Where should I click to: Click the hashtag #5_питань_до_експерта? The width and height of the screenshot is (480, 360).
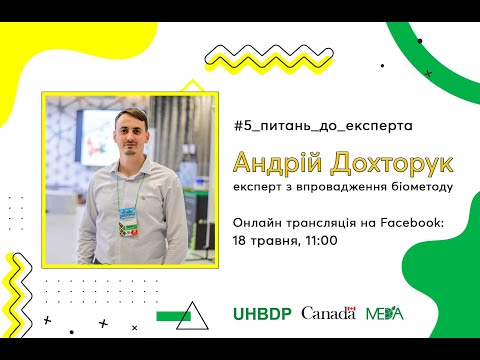tap(321, 127)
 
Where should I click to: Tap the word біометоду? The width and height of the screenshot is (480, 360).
tap(421, 186)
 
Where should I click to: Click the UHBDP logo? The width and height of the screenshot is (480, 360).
tap(261, 313)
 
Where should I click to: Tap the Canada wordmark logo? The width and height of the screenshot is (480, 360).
tap(328, 313)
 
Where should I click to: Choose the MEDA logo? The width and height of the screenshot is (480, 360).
tap(385, 313)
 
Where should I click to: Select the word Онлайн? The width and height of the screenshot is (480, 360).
tap(256, 221)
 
